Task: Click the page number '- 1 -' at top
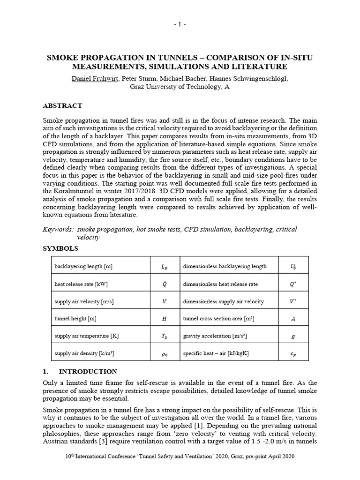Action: point(180,24)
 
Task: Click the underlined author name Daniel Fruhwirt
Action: point(95,79)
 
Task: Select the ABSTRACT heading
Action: point(62,106)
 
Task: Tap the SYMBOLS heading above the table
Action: point(60,248)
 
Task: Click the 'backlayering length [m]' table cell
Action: point(83,266)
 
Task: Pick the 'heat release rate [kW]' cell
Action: point(77,284)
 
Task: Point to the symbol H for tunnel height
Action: point(164,319)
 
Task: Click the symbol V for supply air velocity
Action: point(164,301)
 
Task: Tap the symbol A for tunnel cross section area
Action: point(293,319)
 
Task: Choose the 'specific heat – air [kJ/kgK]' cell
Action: point(216,353)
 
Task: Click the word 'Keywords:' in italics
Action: point(58,229)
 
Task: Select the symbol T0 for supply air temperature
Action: point(164,337)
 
